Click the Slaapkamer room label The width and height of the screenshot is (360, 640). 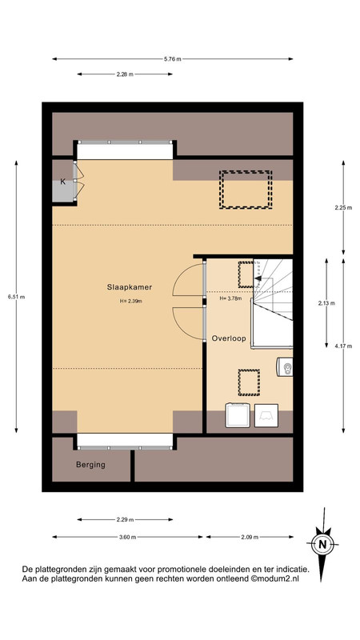(130, 287)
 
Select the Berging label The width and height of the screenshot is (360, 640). (90, 465)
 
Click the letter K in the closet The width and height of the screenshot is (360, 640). (63, 182)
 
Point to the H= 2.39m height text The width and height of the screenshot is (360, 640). (130, 302)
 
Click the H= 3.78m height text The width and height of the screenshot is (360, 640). (230, 298)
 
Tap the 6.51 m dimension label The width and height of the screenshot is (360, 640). (16, 297)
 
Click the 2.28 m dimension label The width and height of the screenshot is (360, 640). (125, 74)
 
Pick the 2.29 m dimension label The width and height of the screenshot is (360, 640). (125, 519)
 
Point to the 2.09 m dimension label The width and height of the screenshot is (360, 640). (250, 537)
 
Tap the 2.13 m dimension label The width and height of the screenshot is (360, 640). (326, 303)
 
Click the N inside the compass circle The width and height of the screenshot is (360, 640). (322, 544)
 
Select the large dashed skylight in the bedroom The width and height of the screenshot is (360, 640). (246, 190)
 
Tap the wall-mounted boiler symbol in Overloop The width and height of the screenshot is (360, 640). (285, 367)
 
